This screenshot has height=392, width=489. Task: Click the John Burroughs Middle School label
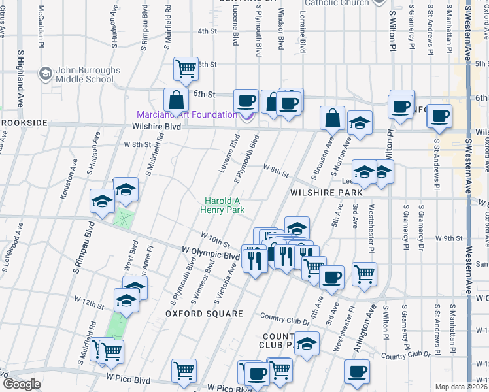[x=85, y=75]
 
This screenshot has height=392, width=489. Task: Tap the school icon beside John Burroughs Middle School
[x=46, y=73]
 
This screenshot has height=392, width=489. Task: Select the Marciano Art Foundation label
[x=187, y=115]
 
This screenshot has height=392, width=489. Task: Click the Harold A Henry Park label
[x=224, y=206]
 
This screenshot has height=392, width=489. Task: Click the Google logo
[x=22, y=384]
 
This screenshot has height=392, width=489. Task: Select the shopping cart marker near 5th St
[x=186, y=67]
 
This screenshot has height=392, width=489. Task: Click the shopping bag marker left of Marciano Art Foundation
[x=176, y=101]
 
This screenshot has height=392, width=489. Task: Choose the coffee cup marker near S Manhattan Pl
[x=439, y=116]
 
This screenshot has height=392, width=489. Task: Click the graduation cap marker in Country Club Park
[x=307, y=342]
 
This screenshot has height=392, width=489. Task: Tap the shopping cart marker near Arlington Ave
[x=365, y=272]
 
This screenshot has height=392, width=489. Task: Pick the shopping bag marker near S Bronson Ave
[x=332, y=118]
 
